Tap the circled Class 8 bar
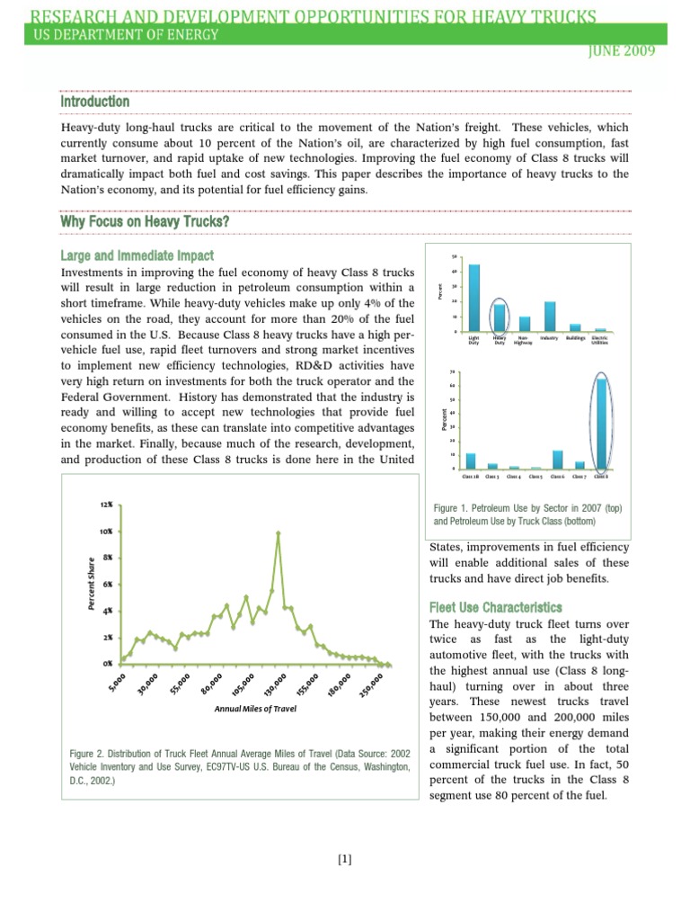pos(602,424)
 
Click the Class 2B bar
pos(471,460)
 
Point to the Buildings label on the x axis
pos(575,338)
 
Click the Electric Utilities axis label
pos(600,341)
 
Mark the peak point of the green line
pos(279,532)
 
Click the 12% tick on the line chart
pos(107,505)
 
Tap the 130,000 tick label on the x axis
pos(273,686)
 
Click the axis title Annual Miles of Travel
pos(255,709)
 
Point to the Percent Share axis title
pos(91,584)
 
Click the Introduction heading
pos(94,102)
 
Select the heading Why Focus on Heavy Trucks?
pos(144,222)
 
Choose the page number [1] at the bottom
pos(345,859)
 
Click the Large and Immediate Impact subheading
pos(137,255)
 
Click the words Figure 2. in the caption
pos(88,753)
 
